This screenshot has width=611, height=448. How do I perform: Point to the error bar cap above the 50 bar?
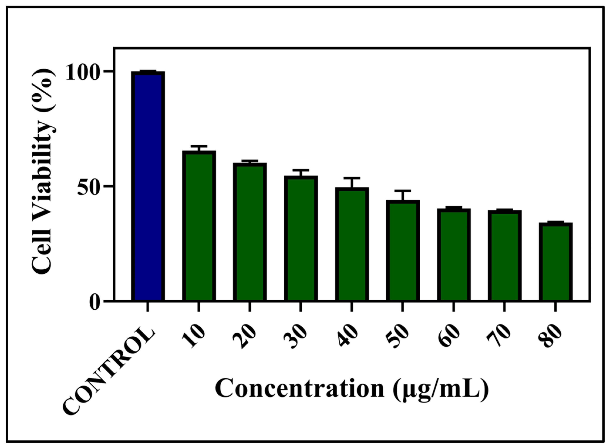pyautogui.click(x=403, y=191)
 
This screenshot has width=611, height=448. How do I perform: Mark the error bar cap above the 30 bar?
pyautogui.click(x=301, y=170)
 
